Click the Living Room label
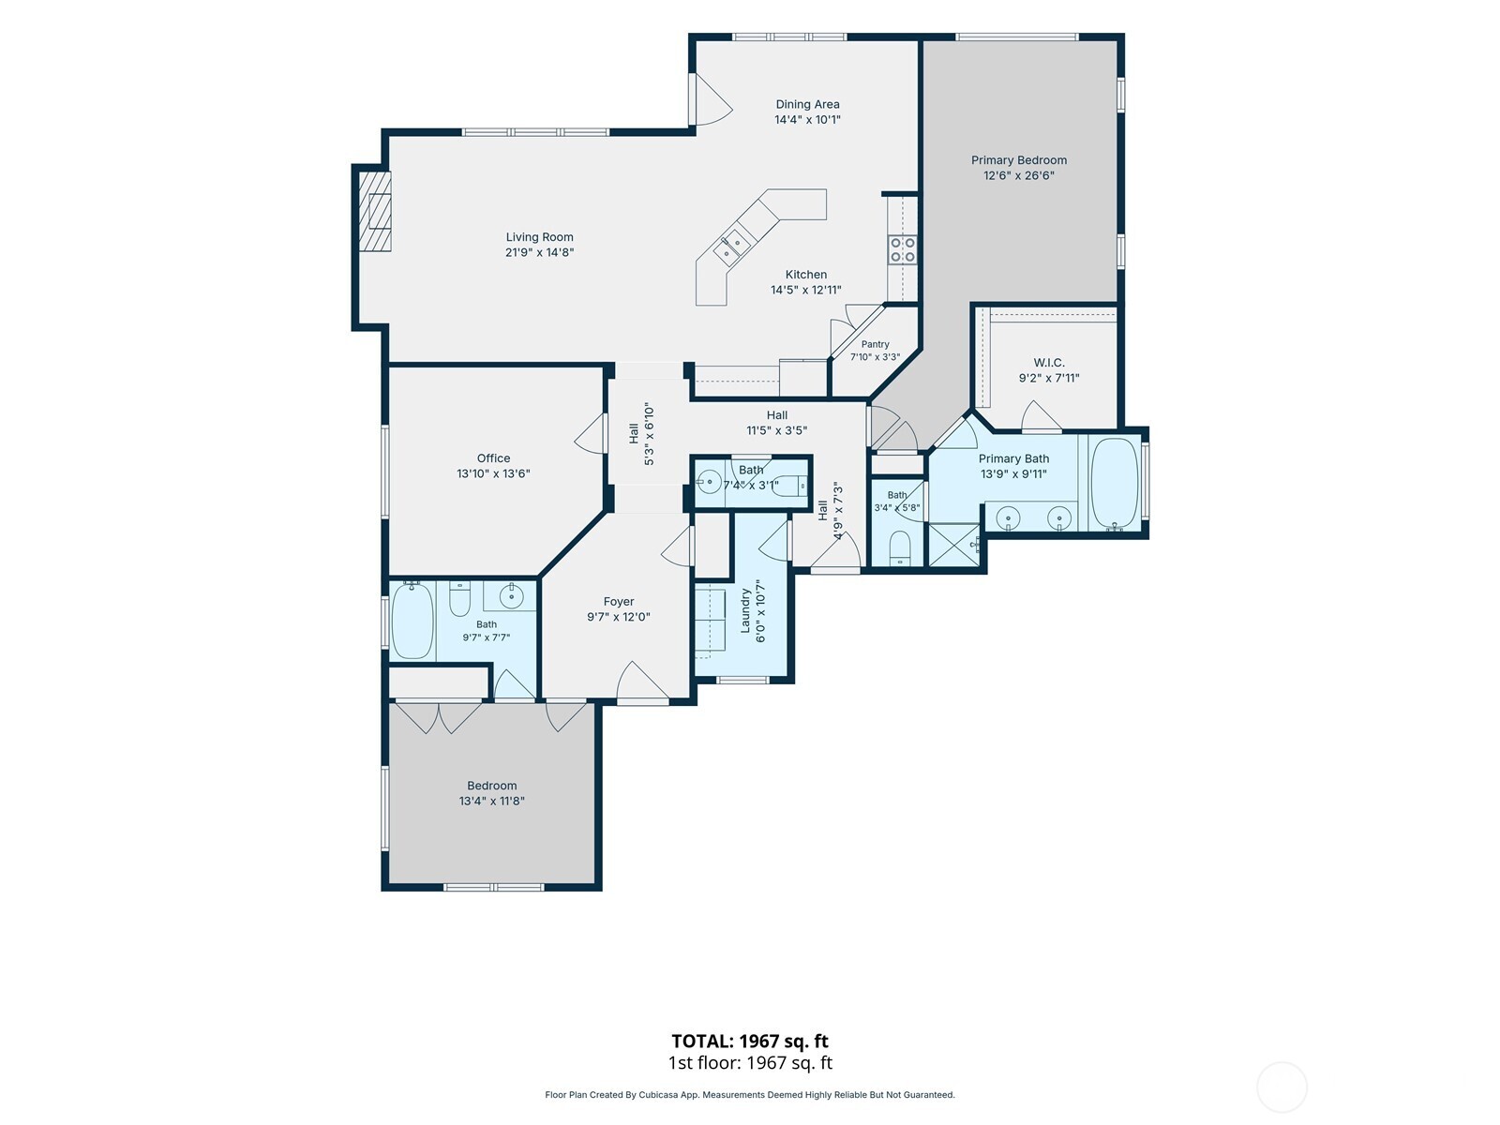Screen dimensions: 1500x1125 (x=539, y=237)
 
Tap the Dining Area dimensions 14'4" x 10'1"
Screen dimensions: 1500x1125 (x=807, y=120)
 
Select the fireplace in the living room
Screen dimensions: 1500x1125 (x=375, y=211)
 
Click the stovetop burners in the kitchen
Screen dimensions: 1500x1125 (x=902, y=249)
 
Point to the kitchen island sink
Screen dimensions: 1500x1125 (x=731, y=247)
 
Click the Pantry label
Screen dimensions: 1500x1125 (x=875, y=344)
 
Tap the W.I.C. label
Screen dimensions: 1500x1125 (x=1049, y=363)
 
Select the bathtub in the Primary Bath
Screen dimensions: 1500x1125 (x=1115, y=484)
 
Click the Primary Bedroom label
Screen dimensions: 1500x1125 (x=1019, y=159)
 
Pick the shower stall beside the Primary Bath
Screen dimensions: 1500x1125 (x=954, y=545)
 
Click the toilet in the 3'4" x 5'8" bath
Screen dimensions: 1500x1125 (x=900, y=548)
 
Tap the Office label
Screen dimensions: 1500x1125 (x=493, y=458)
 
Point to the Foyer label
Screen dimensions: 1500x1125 (x=619, y=602)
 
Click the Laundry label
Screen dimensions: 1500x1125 (x=745, y=610)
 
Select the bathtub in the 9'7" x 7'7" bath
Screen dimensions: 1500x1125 (x=412, y=621)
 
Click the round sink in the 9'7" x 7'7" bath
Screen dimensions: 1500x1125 (x=511, y=597)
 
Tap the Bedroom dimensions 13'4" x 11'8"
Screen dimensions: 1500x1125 (x=491, y=802)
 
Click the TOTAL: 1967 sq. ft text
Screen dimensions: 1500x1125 (x=750, y=1041)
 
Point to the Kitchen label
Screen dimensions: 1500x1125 (x=805, y=275)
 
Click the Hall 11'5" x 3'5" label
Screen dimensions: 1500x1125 (x=776, y=423)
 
